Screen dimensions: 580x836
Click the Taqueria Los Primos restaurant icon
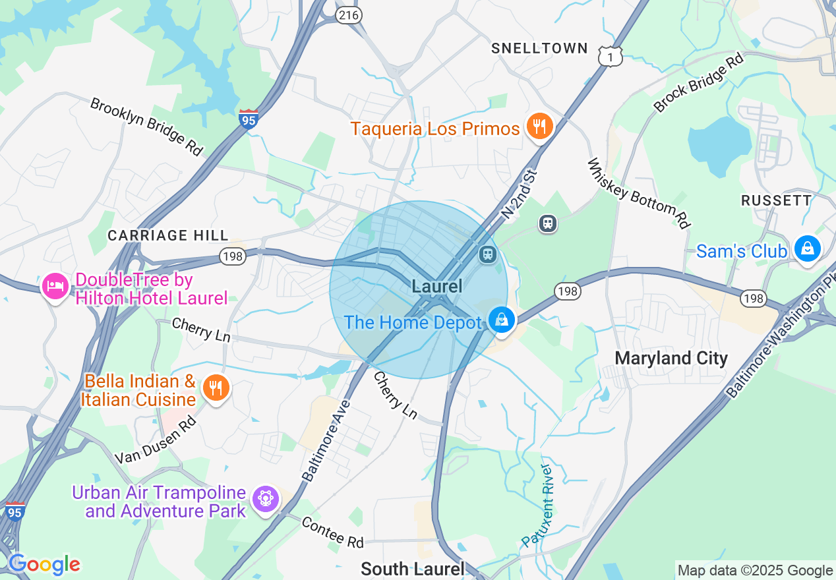[539, 127]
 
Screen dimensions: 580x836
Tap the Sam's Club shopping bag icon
[807, 250]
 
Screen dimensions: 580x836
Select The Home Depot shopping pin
[501, 320]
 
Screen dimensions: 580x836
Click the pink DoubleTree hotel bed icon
[55, 287]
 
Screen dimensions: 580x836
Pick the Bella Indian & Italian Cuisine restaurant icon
[215, 387]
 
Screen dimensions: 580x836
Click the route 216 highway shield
[348, 15]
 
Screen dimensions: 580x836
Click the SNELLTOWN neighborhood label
[539, 48]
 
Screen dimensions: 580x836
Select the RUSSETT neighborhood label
[776, 200]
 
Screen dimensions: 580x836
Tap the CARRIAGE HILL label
[168, 235]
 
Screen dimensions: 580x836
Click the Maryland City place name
[671, 359]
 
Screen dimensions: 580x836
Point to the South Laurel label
[413, 569]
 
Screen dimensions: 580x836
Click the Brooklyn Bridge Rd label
[146, 127]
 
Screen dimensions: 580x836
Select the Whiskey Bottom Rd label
[638, 193]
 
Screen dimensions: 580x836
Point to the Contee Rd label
[333, 532]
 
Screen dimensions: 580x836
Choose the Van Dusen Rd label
[156, 440]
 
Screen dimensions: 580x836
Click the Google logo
[44, 564]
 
